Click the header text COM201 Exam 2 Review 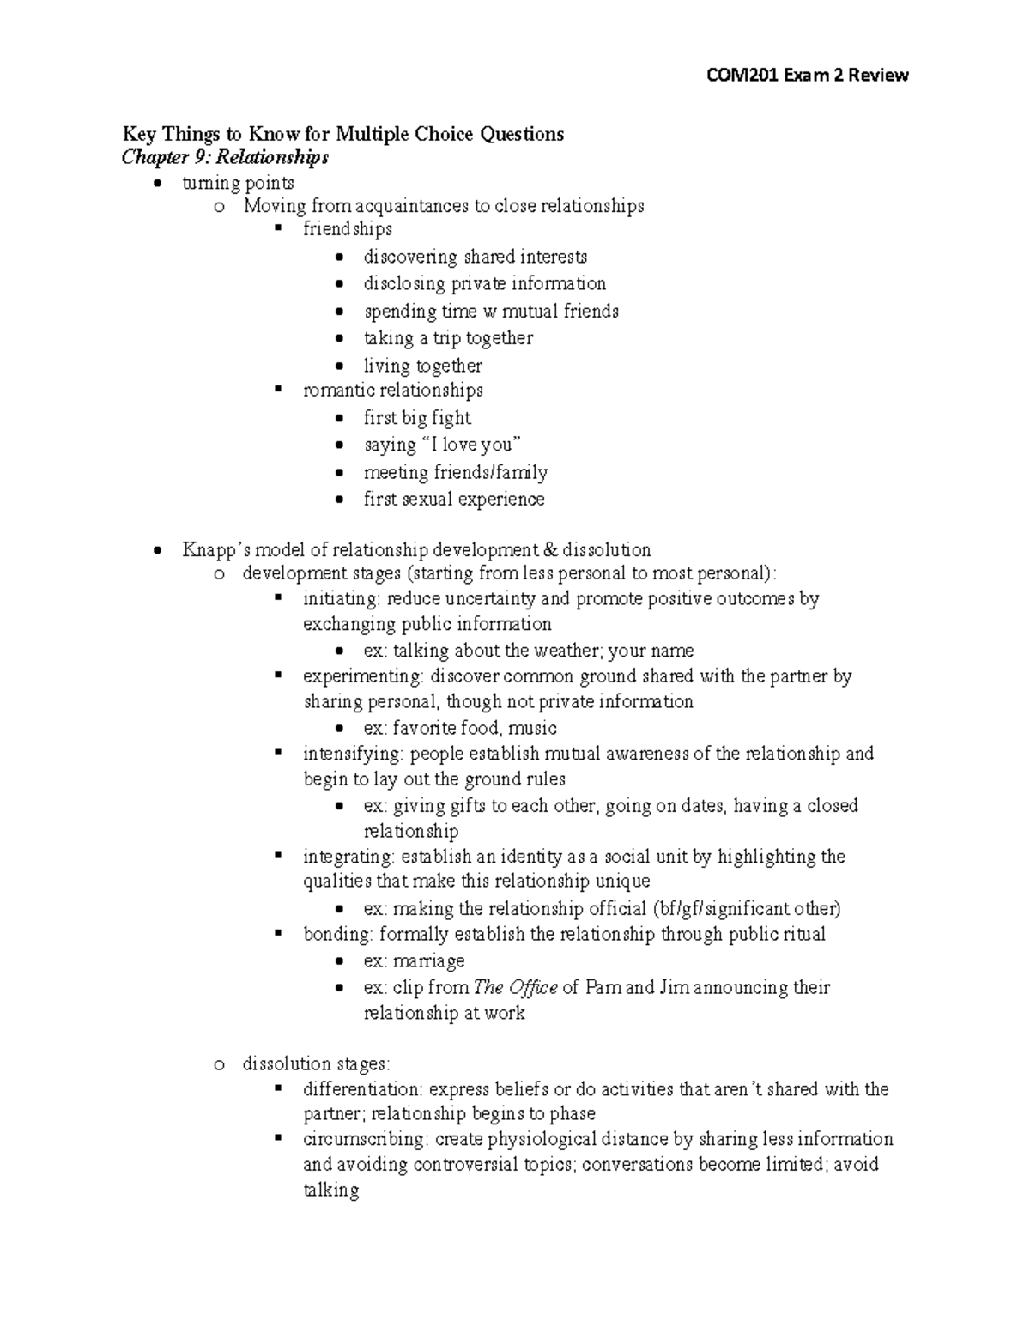[806, 76]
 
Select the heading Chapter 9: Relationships [225, 157]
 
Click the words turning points [238, 183]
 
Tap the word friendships [348, 229]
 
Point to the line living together [422, 366]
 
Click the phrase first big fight [417, 418]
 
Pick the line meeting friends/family [455, 472]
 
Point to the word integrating [348, 857]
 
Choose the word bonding [337, 934]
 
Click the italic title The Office [516, 987]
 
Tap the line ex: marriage [414, 961]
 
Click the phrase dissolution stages [315, 1064]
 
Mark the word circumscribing [365, 1139]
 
